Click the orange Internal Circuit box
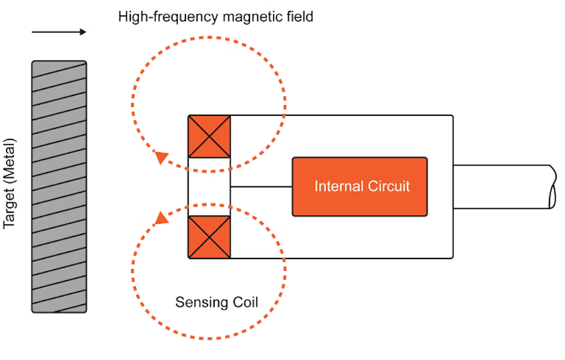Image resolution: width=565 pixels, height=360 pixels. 360,186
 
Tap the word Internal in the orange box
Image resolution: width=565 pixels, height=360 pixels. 339,186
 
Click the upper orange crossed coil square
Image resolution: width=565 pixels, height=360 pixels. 209,136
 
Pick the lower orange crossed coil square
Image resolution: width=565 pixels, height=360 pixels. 209,237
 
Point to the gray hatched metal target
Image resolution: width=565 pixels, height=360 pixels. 59,186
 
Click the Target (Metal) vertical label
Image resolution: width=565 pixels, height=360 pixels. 10,184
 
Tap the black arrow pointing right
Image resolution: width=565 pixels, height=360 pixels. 59,32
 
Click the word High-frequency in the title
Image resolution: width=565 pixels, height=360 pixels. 168,17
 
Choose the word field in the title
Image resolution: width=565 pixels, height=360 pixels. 300,17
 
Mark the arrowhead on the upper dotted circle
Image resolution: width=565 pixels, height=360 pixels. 161,157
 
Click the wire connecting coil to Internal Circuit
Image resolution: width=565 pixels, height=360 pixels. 261,187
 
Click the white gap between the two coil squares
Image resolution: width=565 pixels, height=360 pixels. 209,187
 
